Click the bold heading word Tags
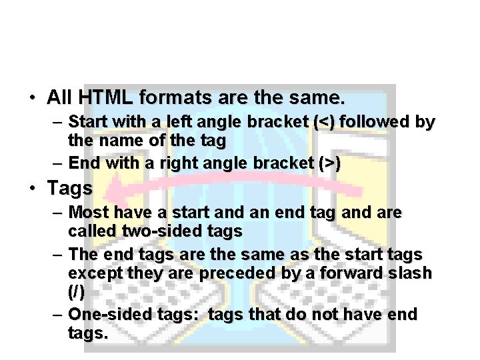(69, 189)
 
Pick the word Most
(87, 213)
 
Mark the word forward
(353, 275)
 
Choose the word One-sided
(103, 315)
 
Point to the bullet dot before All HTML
(32, 99)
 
